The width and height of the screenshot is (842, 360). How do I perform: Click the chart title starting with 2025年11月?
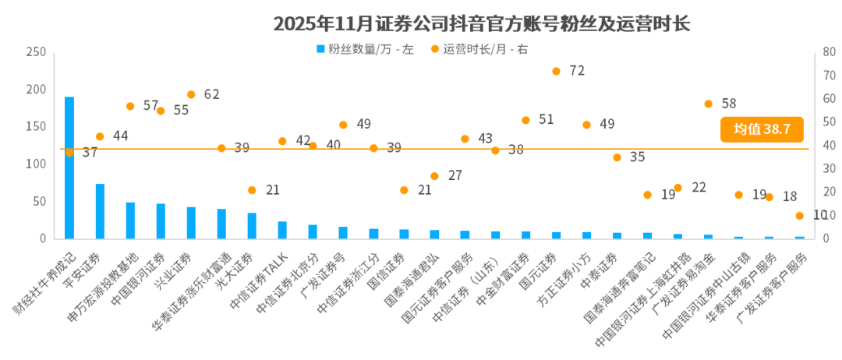click(481, 24)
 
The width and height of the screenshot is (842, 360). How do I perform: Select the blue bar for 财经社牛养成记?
click(69, 168)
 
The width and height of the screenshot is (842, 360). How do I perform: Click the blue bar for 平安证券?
click(100, 211)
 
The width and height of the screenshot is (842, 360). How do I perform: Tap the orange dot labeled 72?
click(556, 71)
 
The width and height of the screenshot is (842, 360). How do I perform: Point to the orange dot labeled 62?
click(191, 94)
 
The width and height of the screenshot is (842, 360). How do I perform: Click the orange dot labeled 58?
click(708, 104)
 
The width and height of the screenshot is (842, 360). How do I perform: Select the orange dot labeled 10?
click(799, 216)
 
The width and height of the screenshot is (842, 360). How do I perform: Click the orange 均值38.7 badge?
click(761, 130)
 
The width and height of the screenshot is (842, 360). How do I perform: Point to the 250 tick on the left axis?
click(36, 52)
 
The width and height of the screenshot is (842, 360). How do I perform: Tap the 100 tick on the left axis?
click(36, 164)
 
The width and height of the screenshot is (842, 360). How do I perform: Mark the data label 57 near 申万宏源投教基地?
click(151, 105)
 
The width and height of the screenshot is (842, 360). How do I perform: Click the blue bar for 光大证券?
click(252, 225)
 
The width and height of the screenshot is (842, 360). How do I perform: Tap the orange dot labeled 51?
click(525, 120)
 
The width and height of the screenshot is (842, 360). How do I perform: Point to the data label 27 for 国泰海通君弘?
click(455, 175)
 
